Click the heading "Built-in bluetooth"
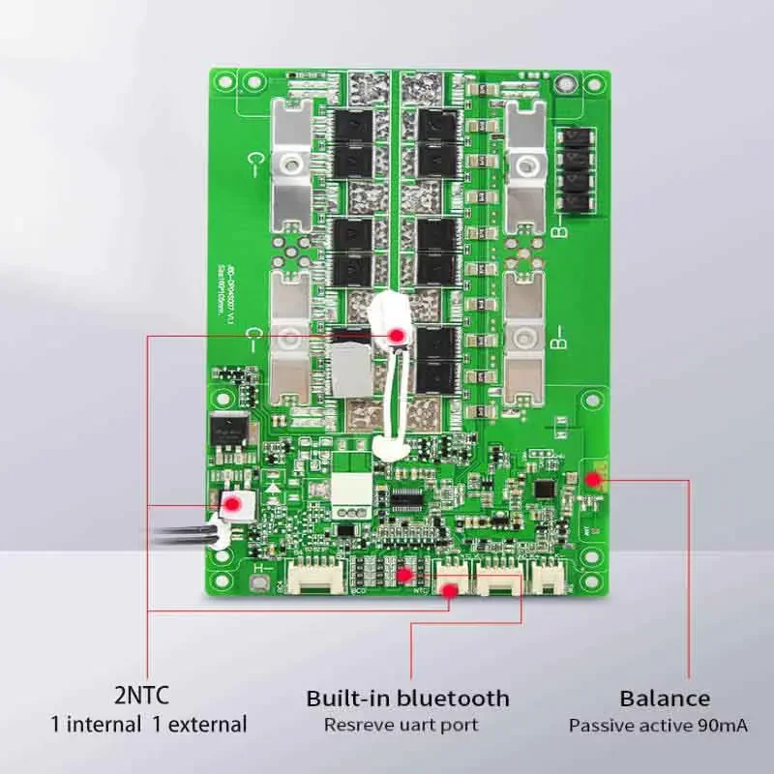(x=407, y=698)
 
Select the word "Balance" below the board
(x=665, y=698)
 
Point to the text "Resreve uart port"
(x=401, y=724)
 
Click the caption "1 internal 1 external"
(x=149, y=724)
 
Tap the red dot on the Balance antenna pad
(x=593, y=476)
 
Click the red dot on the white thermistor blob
(x=397, y=334)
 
